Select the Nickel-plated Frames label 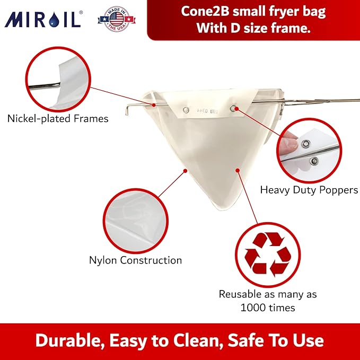pyautogui.click(x=58, y=119)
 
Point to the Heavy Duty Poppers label pyautogui.click(x=309, y=189)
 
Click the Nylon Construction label pyautogui.click(x=135, y=260)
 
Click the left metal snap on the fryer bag pyautogui.click(x=185, y=110)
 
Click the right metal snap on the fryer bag pyautogui.click(x=233, y=108)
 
